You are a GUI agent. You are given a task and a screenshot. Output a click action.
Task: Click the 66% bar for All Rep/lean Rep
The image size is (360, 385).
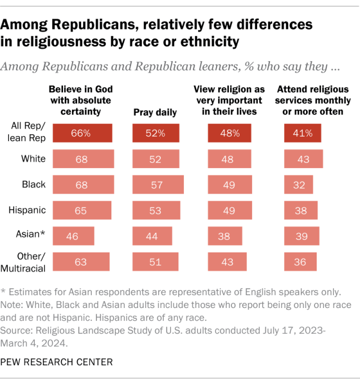click(82, 134)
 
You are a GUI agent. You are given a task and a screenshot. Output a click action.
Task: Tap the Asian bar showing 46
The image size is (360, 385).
click(73, 235)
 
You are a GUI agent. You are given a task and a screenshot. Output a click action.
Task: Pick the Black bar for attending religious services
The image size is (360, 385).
click(299, 184)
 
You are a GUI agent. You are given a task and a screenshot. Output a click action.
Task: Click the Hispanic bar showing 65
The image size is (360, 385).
click(82, 210)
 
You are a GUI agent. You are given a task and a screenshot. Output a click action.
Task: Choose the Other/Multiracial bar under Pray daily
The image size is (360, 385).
click(155, 261)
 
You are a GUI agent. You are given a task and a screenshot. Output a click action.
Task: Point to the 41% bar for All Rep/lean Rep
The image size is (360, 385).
click(303, 134)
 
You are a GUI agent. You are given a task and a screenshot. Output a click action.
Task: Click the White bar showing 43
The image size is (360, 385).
click(304, 159)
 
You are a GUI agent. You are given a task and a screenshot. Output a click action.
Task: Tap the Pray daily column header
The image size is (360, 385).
click(155, 112)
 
